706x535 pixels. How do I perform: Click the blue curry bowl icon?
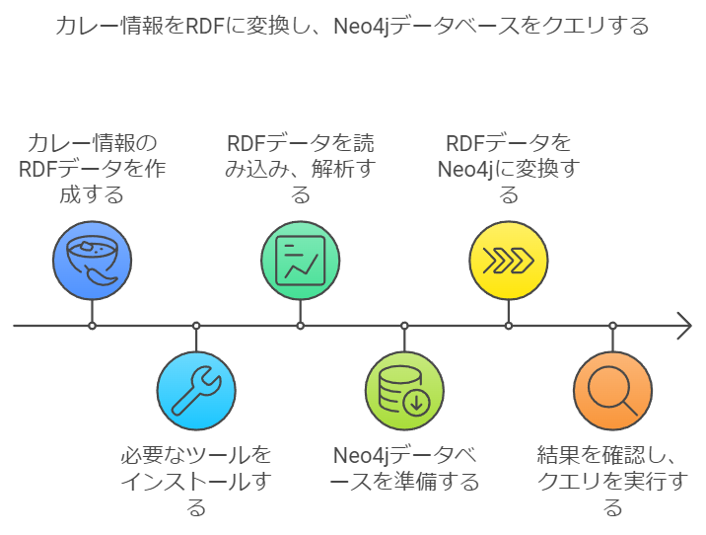(x=92, y=261)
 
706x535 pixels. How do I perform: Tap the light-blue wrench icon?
(x=196, y=391)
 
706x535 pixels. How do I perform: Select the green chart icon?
(x=301, y=261)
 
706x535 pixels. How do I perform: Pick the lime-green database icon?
(x=404, y=391)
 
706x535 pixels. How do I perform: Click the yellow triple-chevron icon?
(x=509, y=261)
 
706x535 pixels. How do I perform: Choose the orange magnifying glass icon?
(x=612, y=391)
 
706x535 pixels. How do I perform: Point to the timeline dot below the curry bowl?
(x=92, y=326)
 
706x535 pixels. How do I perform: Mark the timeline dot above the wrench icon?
(x=196, y=326)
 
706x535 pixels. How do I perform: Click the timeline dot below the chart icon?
(x=301, y=326)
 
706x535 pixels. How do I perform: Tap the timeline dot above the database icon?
(x=404, y=326)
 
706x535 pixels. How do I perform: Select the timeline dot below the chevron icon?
(x=509, y=326)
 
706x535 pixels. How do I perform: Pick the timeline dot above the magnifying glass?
(x=612, y=326)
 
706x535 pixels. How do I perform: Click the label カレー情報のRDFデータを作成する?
(x=92, y=168)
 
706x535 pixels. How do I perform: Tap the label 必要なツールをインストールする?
(x=196, y=482)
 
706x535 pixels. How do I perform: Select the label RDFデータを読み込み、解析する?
(x=301, y=168)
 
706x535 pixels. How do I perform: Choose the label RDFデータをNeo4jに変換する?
(x=509, y=168)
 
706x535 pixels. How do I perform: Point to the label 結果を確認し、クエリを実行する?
(x=612, y=482)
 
